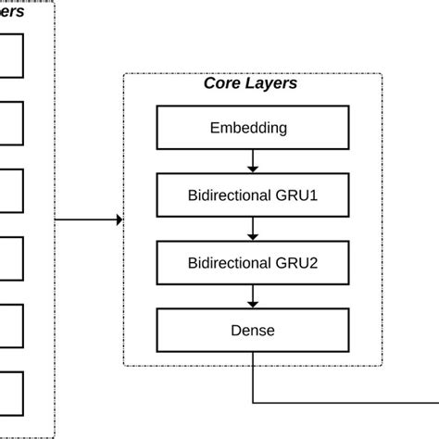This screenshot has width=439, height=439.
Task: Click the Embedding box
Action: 252,128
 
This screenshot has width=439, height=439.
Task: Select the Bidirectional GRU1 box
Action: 252,195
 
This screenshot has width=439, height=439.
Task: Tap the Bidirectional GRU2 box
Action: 252,262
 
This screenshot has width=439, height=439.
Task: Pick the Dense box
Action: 252,329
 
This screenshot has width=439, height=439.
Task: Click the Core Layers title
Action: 250,84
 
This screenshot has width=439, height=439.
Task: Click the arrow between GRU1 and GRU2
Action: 253,229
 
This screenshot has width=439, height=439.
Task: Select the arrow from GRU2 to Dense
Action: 253,295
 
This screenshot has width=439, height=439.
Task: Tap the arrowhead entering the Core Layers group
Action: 119,219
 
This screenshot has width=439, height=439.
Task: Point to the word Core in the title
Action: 222,84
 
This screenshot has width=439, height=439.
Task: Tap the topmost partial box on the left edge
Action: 11,56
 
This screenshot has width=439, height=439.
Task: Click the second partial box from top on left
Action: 11,123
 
